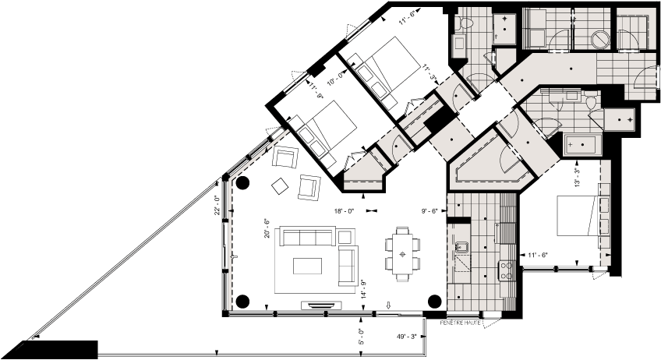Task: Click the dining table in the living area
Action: [402, 254]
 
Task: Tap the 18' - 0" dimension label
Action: [344, 211]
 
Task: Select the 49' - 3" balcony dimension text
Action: [407, 337]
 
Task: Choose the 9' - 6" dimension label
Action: [429, 210]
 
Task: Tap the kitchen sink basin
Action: [461, 248]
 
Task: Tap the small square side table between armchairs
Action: [278, 185]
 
